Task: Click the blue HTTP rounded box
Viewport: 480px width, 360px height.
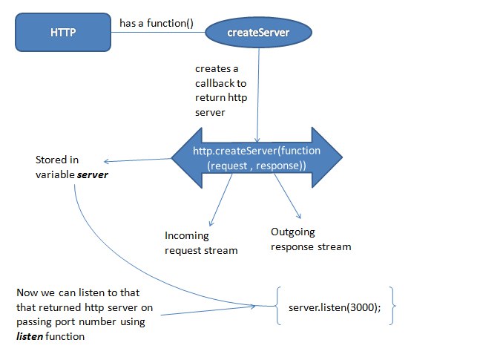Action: [x=63, y=32]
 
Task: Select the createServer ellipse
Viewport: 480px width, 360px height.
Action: [x=258, y=32]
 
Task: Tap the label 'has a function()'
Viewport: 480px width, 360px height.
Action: [x=157, y=23]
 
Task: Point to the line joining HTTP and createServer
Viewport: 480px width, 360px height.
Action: [x=158, y=32]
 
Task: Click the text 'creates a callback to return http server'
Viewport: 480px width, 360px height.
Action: [x=221, y=91]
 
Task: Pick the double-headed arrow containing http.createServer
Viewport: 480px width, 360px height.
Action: [x=257, y=158]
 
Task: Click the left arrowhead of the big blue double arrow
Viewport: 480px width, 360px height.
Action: [x=187, y=158]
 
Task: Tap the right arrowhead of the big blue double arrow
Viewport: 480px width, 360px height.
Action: [x=327, y=157]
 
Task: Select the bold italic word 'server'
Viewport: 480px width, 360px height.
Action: [x=93, y=174]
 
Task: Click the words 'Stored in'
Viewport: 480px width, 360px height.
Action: [x=57, y=160]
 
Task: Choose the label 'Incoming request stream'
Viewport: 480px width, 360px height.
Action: [x=201, y=243]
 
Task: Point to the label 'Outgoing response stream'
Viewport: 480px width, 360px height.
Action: [x=311, y=239]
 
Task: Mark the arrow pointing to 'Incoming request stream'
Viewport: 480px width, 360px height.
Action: [x=220, y=200]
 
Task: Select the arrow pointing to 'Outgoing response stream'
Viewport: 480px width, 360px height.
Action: [x=287, y=196]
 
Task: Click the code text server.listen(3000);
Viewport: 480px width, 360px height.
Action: [x=335, y=307]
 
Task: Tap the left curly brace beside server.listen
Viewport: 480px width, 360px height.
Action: [x=277, y=306]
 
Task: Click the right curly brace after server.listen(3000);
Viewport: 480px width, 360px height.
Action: [x=392, y=306]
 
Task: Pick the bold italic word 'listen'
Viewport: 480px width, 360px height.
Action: [x=30, y=336]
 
